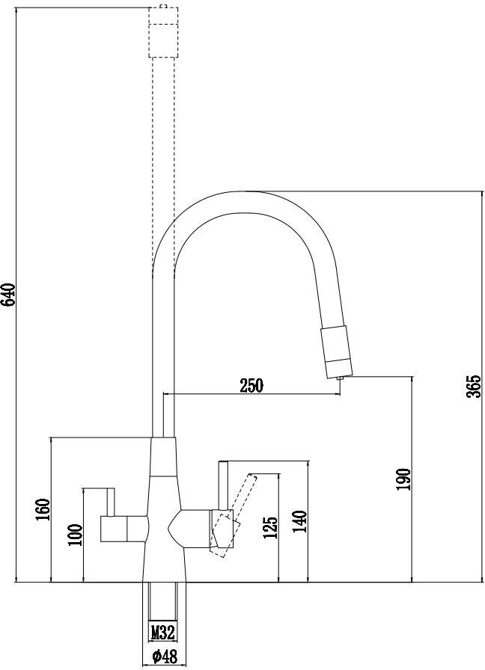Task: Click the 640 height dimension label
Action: tap(8, 295)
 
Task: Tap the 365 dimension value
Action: tap(474, 387)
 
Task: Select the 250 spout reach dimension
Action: tap(251, 385)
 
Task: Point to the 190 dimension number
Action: tap(403, 479)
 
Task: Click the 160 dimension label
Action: tap(43, 509)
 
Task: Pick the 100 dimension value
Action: tap(75, 535)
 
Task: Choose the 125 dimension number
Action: tap(270, 528)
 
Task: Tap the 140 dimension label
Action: tap(300, 521)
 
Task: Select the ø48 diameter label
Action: tap(164, 656)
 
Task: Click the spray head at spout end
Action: tap(337, 352)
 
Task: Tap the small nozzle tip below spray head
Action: tap(341, 379)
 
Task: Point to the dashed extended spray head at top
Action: tap(163, 32)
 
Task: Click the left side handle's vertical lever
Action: tap(110, 502)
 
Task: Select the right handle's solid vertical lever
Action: tap(223, 486)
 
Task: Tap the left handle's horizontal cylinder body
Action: tap(124, 529)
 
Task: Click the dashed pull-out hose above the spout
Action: tap(163, 162)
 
